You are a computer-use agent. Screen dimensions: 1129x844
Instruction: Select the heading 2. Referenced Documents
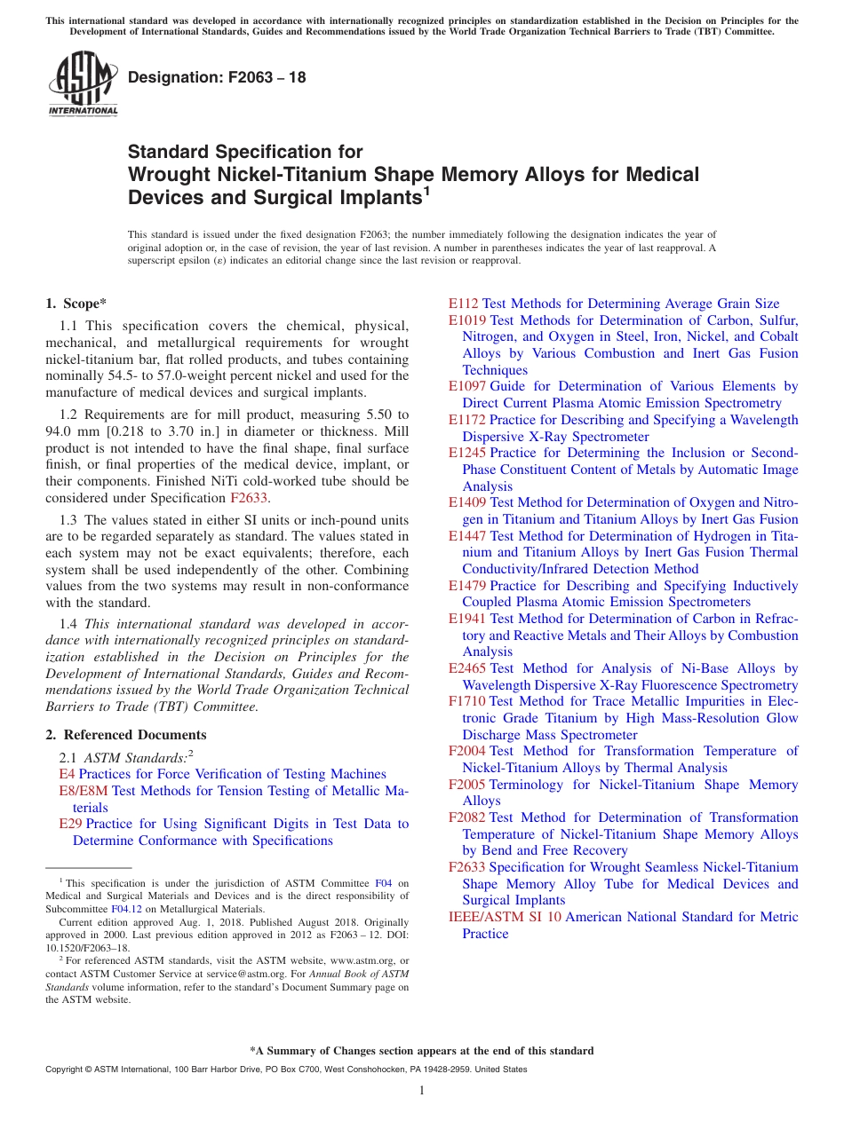point(126,735)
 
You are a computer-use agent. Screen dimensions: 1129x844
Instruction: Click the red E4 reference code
point(66,774)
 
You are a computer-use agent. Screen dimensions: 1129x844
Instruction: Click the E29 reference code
point(70,824)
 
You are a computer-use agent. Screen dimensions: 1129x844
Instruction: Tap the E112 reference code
point(464,304)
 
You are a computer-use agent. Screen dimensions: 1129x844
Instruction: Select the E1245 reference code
point(467,453)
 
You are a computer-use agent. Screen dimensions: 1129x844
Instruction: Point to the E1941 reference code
point(467,619)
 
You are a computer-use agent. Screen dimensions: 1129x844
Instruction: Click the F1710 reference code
point(467,701)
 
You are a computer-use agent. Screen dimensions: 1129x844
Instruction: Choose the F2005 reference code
point(467,785)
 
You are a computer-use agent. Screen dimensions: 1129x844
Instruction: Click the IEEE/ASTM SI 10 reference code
point(505,917)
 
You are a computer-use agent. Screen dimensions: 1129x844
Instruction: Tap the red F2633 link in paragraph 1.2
point(248,499)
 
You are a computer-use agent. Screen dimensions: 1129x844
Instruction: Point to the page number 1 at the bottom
point(422,1091)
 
